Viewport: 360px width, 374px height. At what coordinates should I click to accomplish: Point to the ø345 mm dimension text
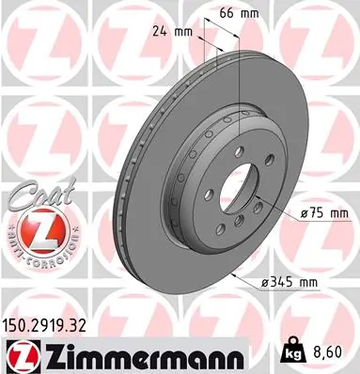(x=294, y=281)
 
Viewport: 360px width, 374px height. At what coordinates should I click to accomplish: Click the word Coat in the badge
(x=30, y=200)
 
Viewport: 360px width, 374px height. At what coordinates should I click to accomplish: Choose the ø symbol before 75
(x=305, y=214)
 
